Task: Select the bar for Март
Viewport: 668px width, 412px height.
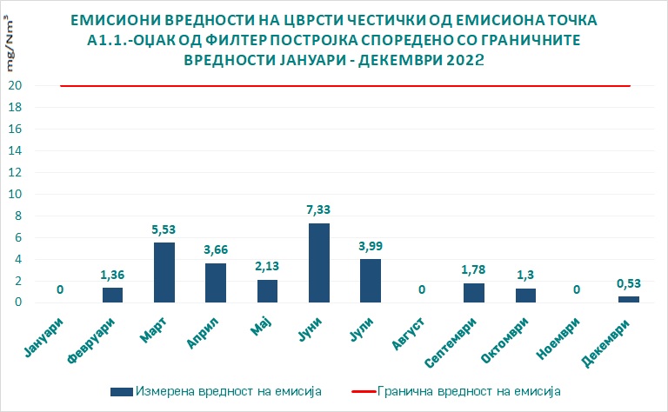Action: [164, 272]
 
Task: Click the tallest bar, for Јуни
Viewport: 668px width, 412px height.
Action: [319, 262]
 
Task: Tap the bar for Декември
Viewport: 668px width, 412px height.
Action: [628, 298]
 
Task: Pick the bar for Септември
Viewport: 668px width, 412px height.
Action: [474, 292]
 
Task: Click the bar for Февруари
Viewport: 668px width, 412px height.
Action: [113, 295]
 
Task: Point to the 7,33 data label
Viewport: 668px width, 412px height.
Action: [319, 209]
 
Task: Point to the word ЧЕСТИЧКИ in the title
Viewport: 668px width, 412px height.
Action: [337, 19]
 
